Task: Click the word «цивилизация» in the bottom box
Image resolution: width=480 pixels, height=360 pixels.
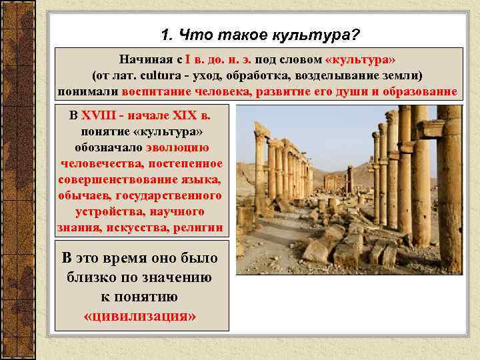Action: point(141,315)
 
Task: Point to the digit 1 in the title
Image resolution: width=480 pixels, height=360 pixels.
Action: point(165,33)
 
